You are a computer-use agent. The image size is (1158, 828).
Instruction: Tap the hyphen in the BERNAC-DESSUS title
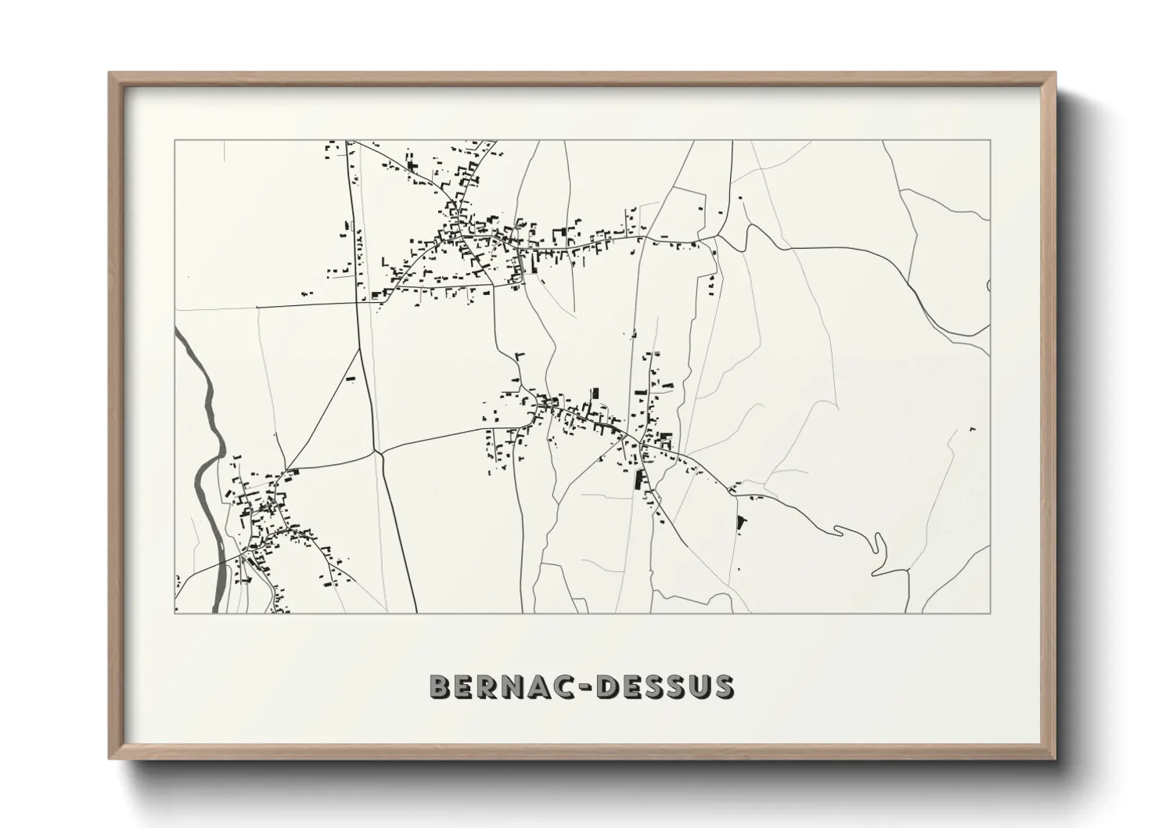pyautogui.click(x=584, y=688)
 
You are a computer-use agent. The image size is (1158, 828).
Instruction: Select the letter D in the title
pyautogui.click(x=608, y=687)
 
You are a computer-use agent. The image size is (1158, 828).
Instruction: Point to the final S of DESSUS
pyautogui.click(x=722, y=687)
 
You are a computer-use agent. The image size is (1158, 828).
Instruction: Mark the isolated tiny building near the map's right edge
pyautogui.click(x=973, y=430)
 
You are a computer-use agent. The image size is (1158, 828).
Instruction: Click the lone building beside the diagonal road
pyautogui.click(x=351, y=379)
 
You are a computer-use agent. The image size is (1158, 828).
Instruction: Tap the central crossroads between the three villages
pyautogui.click(x=378, y=452)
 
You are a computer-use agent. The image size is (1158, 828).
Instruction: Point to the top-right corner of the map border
pyautogui.click(x=991, y=140)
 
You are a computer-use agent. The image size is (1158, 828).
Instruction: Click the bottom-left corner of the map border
pyautogui.click(x=174, y=613)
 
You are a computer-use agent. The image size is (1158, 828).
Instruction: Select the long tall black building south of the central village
pyautogui.click(x=638, y=480)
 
